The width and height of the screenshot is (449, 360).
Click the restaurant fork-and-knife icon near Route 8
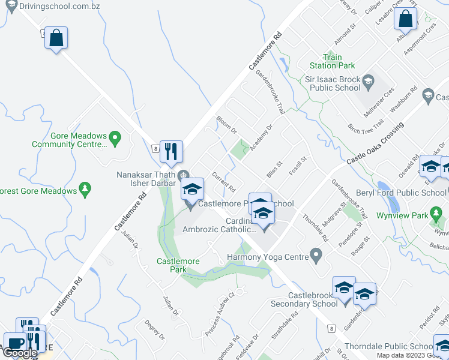click(171, 152)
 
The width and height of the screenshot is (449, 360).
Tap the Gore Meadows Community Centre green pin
click(116, 139)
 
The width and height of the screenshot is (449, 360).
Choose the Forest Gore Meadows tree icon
click(85, 190)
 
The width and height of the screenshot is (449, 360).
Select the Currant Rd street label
click(223, 181)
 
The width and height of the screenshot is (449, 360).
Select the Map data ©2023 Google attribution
click(412, 355)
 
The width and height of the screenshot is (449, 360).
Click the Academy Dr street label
click(262, 136)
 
